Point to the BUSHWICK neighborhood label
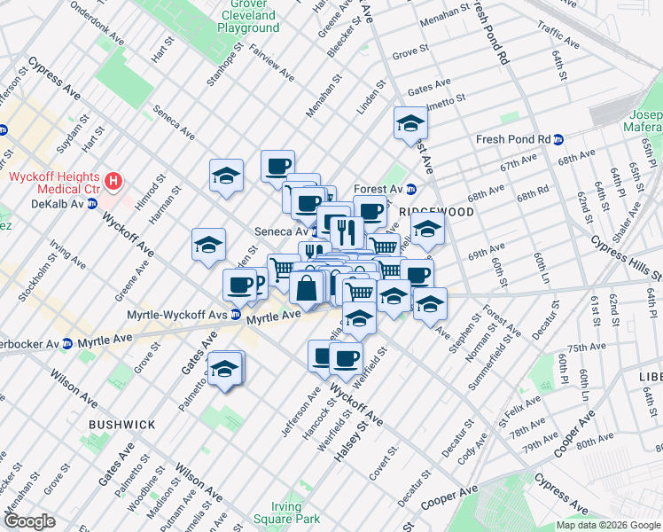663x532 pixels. [x=122, y=425]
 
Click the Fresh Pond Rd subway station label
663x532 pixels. [x=514, y=139]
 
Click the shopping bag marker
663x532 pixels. [x=306, y=287]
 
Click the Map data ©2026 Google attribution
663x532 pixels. [x=607, y=525]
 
